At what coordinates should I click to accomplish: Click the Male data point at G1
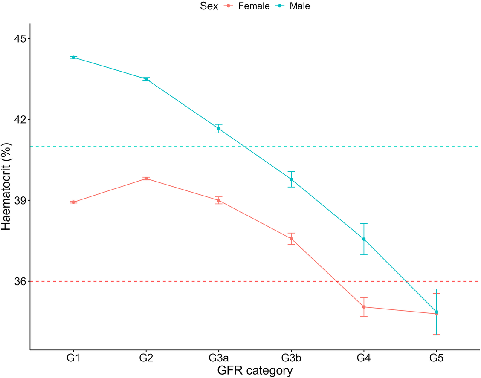click(74, 57)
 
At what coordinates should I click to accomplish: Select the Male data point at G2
click(146, 79)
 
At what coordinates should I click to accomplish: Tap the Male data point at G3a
click(219, 129)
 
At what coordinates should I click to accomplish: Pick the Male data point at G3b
click(291, 179)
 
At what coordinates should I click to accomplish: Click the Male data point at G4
click(364, 239)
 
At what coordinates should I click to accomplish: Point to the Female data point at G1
click(74, 202)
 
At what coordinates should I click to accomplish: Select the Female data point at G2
click(146, 179)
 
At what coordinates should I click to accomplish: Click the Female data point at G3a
click(219, 200)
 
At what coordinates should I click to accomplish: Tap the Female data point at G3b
click(291, 239)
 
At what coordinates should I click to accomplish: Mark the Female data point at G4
click(364, 307)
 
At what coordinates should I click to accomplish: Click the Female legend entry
click(254, 6)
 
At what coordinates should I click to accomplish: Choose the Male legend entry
click(299, 6)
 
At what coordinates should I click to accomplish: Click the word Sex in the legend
click(209, 6)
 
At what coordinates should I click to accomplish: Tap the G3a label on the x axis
click(219, 358)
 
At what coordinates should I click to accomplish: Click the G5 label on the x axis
click(436, 358)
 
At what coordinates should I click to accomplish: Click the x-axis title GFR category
click(255, 371)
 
